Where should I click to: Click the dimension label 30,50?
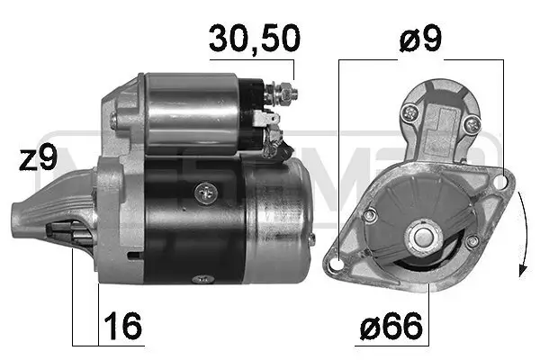pyautogui.click(x=253, y=39)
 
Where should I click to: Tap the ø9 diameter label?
pyautogui.click(x=420, y=39)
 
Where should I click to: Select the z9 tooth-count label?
pyautogui.click(x=38, y=158)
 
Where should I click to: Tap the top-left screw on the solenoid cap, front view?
pyautogui.click(x=410, y=112)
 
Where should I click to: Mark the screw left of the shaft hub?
pyautogui.click(x=371, y=214)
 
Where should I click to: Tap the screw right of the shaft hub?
pyautogui.click(x=471, y=240)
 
